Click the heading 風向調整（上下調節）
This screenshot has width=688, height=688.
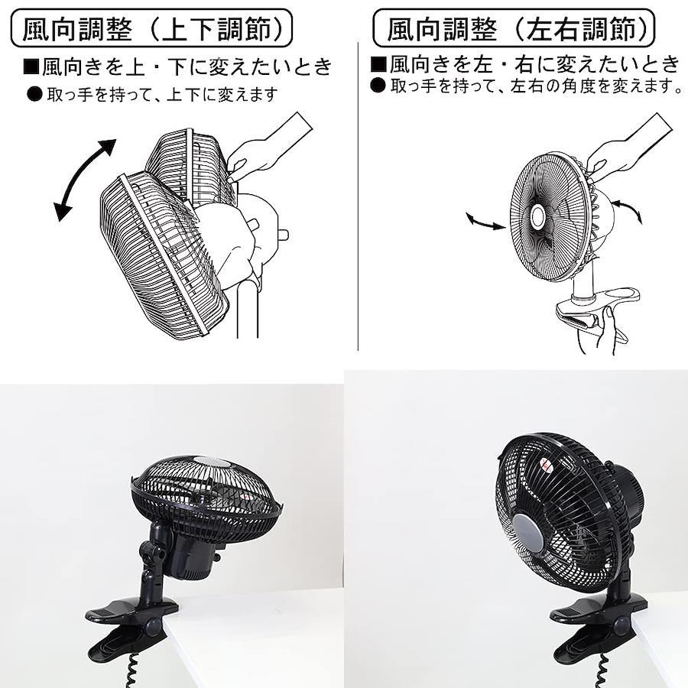pyautogui.click(x=151, y=29)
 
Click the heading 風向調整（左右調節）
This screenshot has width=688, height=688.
pyautogui.click(x=514, y=29)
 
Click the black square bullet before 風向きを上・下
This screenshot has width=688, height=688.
pyautogui.click(x=31, y=67)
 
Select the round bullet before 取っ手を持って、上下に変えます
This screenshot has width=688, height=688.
pyautogui.click(x=34, y=94)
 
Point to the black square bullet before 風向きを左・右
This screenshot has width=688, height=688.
pyautogui.click(x=378, y=63)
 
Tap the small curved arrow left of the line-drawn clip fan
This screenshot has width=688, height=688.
pyautogui.click(x=485, y=222)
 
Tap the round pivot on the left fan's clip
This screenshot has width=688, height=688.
pyautogui.click(x=154, y=625)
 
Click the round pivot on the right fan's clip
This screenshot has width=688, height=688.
pyautogui.click(x=619, y=625)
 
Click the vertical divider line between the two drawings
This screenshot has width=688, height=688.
pyautogui.click(x=358, y=196)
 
